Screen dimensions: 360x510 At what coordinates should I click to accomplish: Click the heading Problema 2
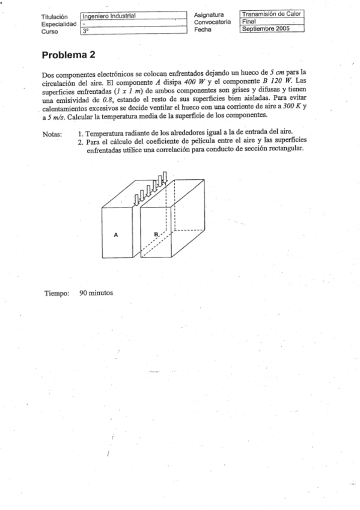(x=69, y=55)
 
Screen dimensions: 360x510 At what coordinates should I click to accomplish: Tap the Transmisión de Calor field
(x=272, y=14)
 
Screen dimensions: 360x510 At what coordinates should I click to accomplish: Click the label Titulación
(x=55, y=16)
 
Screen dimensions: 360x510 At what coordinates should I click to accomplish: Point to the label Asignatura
(x=209, y=14)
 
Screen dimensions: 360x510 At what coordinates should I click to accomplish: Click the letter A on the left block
(x=116, y=235)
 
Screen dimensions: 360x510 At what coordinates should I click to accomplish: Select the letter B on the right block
(x=156, y=233)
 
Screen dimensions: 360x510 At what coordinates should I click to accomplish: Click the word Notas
(x=54, y=134)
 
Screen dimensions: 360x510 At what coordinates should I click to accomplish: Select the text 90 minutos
(x=96, y=294)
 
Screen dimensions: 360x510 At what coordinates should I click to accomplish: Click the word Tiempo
(x=57, y=294)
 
